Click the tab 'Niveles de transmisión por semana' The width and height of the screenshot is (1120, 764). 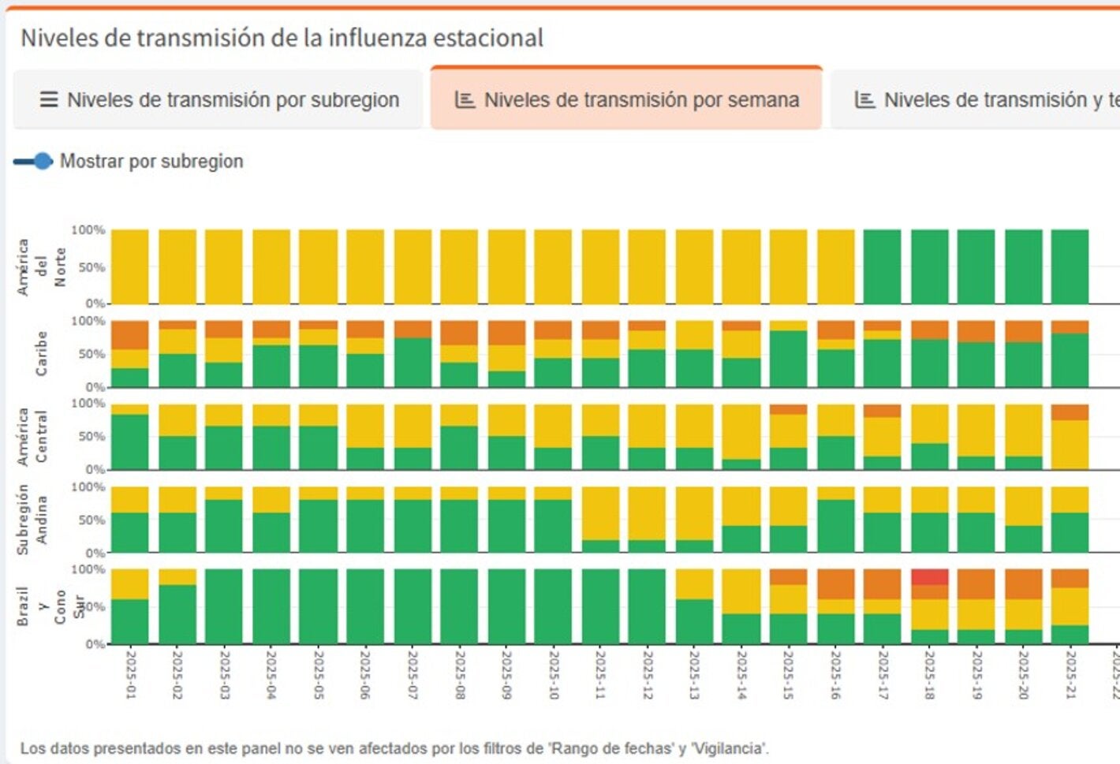[x=626, y=100]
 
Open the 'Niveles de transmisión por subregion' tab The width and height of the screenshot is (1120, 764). [x=218, y=100]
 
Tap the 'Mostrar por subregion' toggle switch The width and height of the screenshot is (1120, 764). [x=33, y=162]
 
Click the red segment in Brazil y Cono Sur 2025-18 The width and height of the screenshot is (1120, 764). [x=930, y=576]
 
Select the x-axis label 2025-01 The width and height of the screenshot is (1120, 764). [x=130, y=674]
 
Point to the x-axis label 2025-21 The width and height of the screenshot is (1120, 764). [x=1070, y=674]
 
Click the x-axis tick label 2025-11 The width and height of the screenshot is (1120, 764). [x=600, y=674]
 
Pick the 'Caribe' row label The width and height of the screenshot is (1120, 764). [x=41, y=353]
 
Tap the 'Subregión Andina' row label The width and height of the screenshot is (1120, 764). [x=32, y=519]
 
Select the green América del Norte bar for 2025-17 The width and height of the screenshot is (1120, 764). [x=882, y=266]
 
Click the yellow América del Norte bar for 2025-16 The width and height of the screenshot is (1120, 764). [x=835, y=266]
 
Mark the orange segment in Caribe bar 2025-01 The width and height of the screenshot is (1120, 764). [x=130, y=334]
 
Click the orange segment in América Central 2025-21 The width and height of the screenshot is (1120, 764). [x=1070, y=412]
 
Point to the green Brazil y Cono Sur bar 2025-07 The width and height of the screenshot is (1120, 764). [x=413, y=606]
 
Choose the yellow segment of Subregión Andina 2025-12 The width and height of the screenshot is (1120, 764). [x=648, y=513]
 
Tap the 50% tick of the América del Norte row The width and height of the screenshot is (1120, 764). [x=91, y=267]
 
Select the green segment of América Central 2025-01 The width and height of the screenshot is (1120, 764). [x=130, y=442]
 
